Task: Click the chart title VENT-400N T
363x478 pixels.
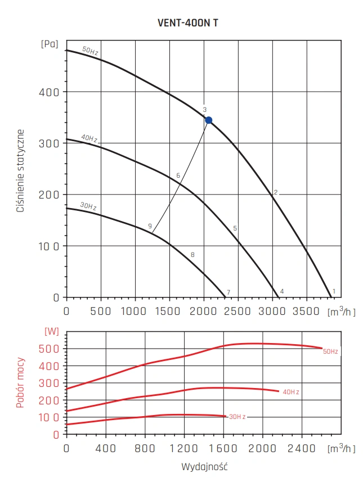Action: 189,25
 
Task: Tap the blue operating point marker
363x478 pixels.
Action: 209,120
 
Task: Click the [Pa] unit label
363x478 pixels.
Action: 50,43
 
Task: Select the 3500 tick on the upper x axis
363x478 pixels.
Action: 307,310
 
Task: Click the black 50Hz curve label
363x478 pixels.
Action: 89,51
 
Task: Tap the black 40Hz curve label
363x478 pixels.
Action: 89,138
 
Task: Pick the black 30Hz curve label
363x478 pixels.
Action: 88,207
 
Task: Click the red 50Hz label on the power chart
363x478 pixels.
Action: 330,351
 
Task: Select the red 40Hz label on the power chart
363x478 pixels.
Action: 291,391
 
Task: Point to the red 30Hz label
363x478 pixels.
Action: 237,417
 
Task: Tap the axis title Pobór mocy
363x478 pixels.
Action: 20,381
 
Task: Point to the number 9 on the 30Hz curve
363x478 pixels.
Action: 150,226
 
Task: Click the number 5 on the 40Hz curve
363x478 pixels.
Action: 235,228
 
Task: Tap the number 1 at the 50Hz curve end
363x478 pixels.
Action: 334,291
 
